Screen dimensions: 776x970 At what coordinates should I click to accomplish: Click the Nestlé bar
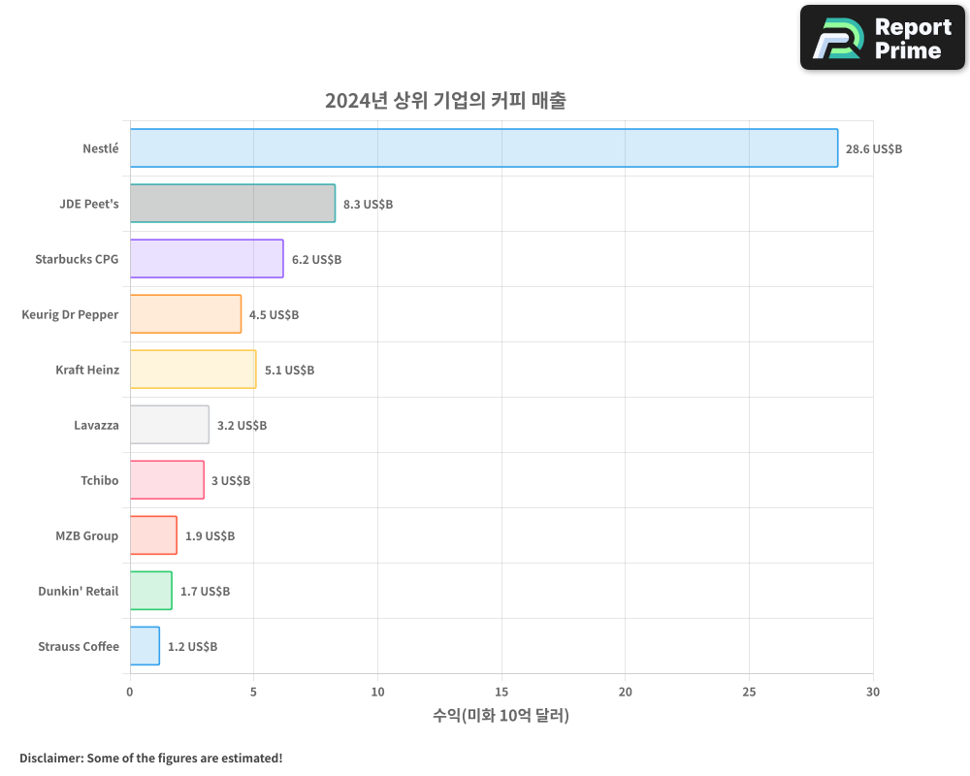483,148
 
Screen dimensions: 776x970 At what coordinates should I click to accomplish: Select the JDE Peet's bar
233,204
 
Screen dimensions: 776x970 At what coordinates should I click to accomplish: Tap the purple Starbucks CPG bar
207,259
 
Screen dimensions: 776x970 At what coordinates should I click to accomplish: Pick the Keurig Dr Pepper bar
185,314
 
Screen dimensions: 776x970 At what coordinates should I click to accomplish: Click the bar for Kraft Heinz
193,370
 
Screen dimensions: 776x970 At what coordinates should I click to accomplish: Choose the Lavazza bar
169,425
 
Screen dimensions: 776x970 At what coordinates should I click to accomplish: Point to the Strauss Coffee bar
145,646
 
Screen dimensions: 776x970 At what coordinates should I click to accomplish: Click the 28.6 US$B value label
873,149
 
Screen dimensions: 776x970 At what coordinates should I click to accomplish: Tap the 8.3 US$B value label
368,205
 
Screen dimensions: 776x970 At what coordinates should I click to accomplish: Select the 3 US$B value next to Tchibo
231,480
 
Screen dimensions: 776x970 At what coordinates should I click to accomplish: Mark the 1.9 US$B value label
210,535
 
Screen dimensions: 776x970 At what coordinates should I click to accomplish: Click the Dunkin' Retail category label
79,591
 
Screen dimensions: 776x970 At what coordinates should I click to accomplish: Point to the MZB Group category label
87,535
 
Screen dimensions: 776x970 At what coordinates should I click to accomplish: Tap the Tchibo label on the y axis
100,480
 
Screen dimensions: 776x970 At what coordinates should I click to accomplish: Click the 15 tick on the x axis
501,692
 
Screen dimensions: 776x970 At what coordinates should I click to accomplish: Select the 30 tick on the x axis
873,692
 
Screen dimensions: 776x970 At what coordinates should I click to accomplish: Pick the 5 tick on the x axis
253,692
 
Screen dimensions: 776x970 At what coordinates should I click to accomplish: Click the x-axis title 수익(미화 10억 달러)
501,716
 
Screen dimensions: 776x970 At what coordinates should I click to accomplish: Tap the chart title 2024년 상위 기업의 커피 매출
445,100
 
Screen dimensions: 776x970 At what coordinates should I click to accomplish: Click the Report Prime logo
883,38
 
